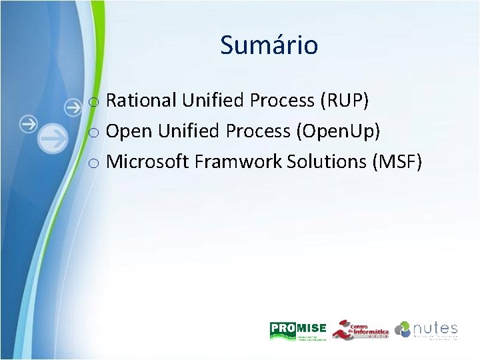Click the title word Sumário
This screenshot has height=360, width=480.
coord(269,45)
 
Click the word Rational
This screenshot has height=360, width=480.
coord(141,101)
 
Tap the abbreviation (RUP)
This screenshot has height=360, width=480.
coord(344,101)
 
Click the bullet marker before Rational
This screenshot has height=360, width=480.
coord(95,103)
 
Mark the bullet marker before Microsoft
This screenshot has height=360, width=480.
coord(95,164)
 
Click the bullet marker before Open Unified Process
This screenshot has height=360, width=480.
coord(95,133)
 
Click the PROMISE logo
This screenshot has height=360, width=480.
coord(298,330)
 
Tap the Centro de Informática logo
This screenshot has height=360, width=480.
coord(360,329)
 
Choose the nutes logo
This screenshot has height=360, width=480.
coord(427,330)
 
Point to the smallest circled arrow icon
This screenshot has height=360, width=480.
coord(73,105)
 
